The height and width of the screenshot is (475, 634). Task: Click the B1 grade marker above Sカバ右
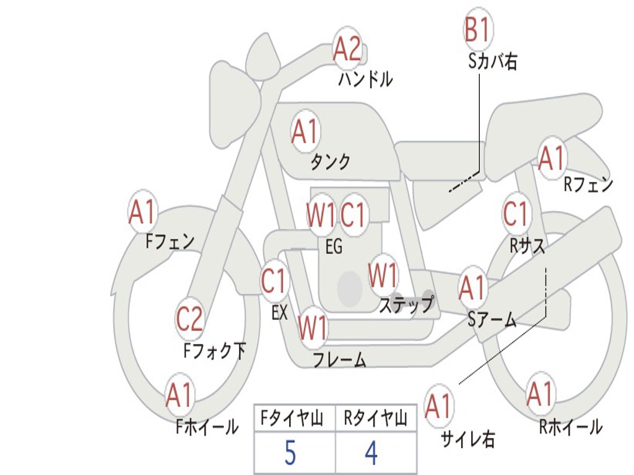477,30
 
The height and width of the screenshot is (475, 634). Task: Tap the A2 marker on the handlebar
347,49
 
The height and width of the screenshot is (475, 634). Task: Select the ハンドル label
366,79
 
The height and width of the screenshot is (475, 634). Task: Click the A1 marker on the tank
304,131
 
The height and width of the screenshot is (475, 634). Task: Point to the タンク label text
330,162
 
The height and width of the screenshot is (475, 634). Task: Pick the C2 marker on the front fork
189,319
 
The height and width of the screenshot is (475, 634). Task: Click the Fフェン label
170,241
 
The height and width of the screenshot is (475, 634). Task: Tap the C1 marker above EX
274,281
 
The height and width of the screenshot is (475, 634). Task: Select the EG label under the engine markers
334,247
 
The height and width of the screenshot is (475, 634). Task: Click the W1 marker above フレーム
313,328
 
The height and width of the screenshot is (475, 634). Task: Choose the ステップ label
406,305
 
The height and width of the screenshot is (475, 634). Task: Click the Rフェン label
588,184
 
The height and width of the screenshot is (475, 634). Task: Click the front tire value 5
290,453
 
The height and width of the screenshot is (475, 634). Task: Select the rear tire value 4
371,453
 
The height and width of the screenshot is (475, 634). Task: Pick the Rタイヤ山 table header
375,419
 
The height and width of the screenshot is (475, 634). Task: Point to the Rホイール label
570,426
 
